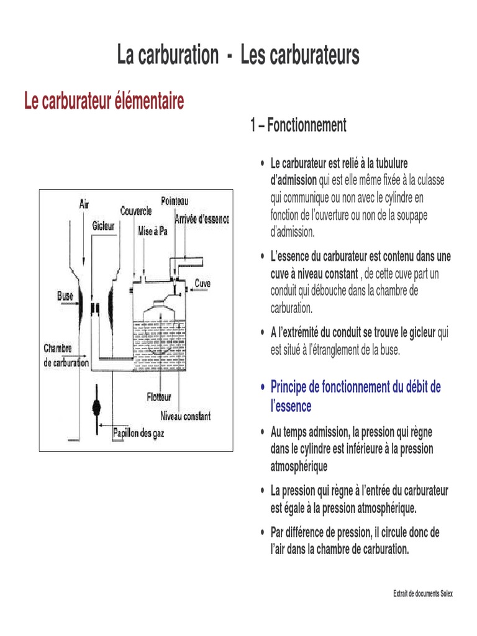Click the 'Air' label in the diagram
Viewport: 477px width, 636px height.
pos(84,203)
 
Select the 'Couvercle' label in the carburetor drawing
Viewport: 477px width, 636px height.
pos(136,212)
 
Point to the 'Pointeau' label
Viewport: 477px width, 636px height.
pos(175,201)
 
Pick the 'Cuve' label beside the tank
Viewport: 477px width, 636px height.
pos(202,284)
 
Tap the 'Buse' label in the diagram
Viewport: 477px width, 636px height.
pos(66,296)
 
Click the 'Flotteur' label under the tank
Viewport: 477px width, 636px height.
pos(160,396)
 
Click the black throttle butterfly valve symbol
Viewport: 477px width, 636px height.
pos(96,406)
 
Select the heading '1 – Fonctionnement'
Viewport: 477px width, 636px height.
pos(298,125)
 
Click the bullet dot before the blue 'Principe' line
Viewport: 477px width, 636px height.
pos(263,388)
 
